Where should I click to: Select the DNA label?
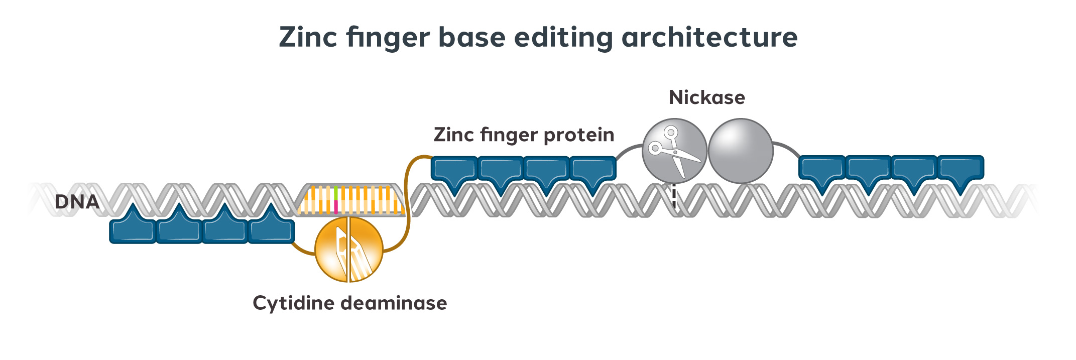click(76, 202)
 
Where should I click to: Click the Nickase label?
click(706, 97)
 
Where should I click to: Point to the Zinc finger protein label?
click(524, 135)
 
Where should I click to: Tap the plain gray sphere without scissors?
click(740, 151)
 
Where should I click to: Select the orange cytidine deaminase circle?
click(348, 250)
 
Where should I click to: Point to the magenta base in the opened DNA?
click(335, 207)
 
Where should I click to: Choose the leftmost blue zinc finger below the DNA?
click(133, 228)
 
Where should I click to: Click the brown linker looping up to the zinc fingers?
click(408, 201)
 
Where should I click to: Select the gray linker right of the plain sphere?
click(787, 148)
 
